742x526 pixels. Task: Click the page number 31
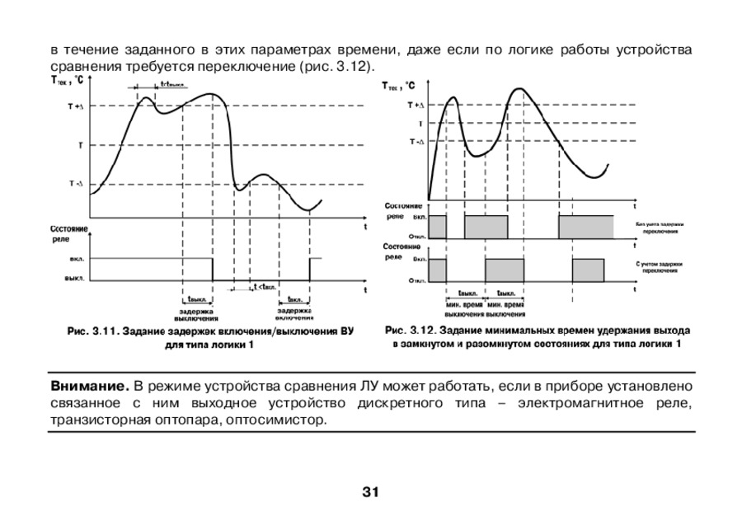[369, 492]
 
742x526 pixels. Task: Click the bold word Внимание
[90, 386]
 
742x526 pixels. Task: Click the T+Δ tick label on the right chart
[416, 106]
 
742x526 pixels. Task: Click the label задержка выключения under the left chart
[196, 314]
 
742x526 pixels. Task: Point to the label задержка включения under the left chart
[294, 314]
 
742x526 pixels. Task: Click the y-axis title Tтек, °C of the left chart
[67, 80]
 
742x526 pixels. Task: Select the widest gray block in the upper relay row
[585, 227]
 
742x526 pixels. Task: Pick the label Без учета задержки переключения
[660, 228]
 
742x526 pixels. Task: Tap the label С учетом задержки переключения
[660, 266]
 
